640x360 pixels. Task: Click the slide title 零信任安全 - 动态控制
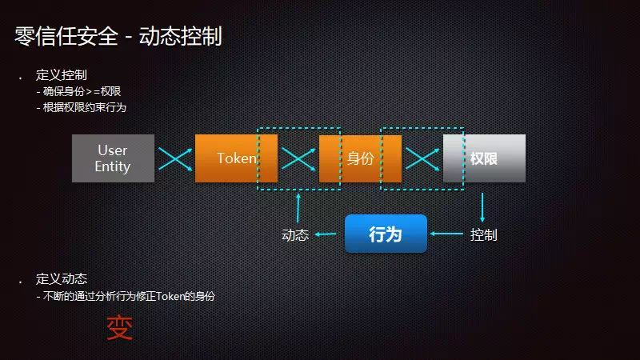click(x=118, y=35)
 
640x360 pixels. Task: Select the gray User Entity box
click(x=113, y=158)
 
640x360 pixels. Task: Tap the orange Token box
click(x=236, y=158)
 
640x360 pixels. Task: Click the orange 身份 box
click(x=360, y=158)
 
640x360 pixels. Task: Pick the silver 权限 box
click(x=484, y=158)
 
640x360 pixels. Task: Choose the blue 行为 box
click(x=386, y=234)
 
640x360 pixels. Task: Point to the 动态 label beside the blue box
click(x=295, y=235)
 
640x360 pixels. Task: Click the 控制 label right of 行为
click(x=483, y=234)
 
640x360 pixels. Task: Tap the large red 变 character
click(x=120, y=328)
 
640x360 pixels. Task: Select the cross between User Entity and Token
click(x=174, y=158)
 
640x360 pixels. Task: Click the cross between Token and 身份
click(x=298, y=158)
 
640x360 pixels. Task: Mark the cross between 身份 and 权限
click(x=422, y=158)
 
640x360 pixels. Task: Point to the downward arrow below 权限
click(x=482, y=206)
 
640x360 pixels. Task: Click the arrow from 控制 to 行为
click(x=447, y=234)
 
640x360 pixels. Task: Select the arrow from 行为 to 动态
click(x=326, y=234)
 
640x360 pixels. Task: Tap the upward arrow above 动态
click(x=298, y=206)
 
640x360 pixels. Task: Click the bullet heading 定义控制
click(x=61, y=75)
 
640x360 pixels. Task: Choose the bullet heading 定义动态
click(x=61, y=279)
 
